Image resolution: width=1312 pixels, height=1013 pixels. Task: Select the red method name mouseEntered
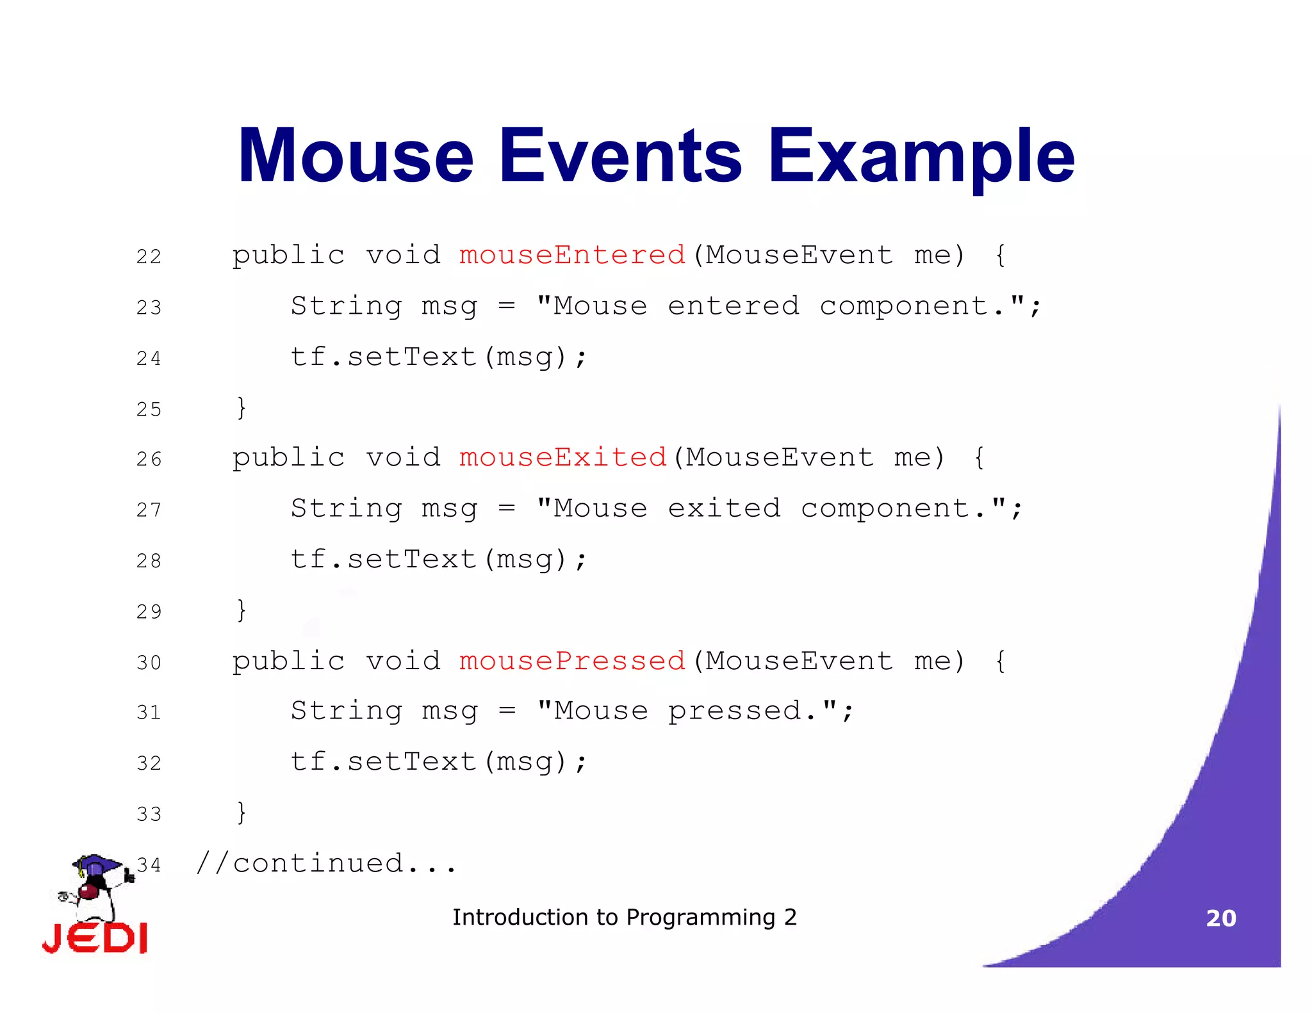coord(572,255)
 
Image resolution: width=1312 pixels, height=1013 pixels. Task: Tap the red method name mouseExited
coord(563,457)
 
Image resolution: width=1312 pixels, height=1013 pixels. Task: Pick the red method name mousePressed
coord(572,661)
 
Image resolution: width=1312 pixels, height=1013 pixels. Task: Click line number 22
coord(149,257)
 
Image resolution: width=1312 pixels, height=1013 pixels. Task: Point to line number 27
coord(149,510)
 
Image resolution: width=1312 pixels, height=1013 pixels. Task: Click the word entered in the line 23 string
coord(734,305)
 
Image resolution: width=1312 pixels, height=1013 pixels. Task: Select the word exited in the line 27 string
coord(724,508)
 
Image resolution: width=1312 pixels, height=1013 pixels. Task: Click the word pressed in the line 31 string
coord(734,711)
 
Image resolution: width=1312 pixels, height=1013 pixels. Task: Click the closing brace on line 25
coord(242,408)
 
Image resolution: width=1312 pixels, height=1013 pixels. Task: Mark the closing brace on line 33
coord(242,813)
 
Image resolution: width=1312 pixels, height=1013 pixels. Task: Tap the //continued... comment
coord(327,863)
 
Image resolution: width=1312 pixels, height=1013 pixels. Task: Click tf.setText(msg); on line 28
coord(438,559)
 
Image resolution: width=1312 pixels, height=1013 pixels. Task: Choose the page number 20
coord(1220,918)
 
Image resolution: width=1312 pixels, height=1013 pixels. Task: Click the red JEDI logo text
coord(95,939)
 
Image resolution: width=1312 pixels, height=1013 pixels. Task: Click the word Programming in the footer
coord(700,918)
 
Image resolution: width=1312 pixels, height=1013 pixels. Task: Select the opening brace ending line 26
coord(979,458)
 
